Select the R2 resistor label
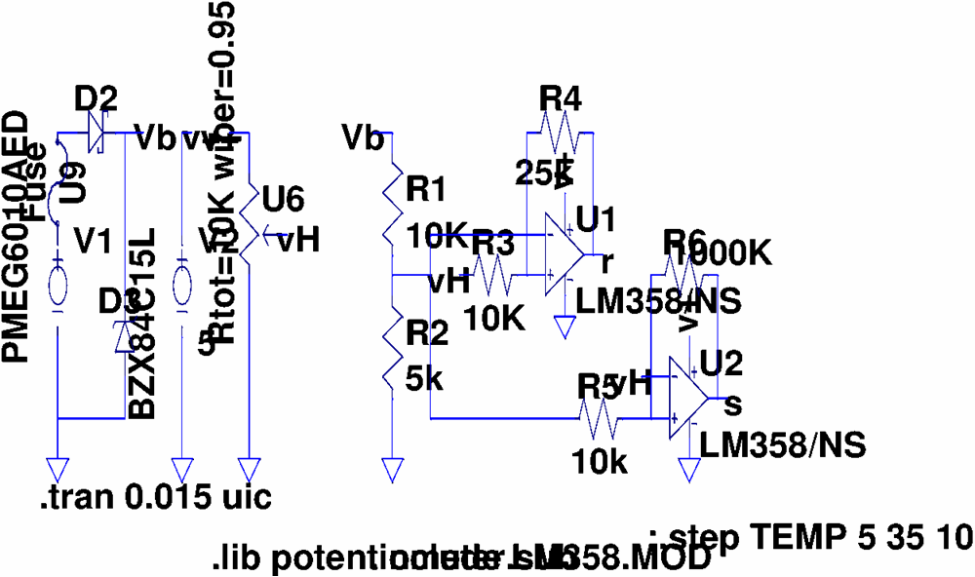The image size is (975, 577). pos(427,335)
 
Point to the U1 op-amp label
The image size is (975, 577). pos(597,220)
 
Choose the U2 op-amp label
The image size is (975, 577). pos(722,365)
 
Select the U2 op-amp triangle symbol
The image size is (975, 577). pos(688,397)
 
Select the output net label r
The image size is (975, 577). pos(607,260)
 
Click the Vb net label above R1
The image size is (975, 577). pos(363,139)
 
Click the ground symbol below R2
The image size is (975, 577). pos(392,471)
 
